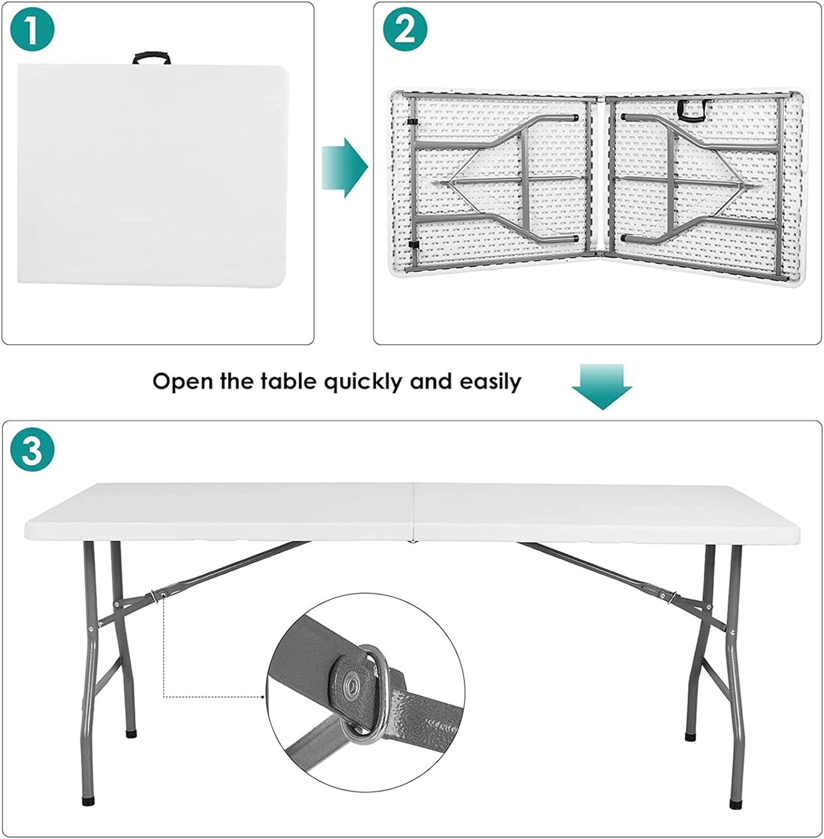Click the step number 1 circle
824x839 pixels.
tap(32, 30)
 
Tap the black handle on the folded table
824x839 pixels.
tap(152, 58)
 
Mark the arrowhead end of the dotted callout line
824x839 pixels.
tap(264, 696)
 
